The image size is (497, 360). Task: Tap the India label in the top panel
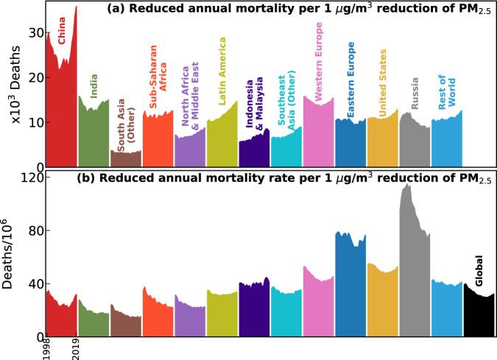coord(94,85)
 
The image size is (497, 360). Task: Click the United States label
coord(383,86)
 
